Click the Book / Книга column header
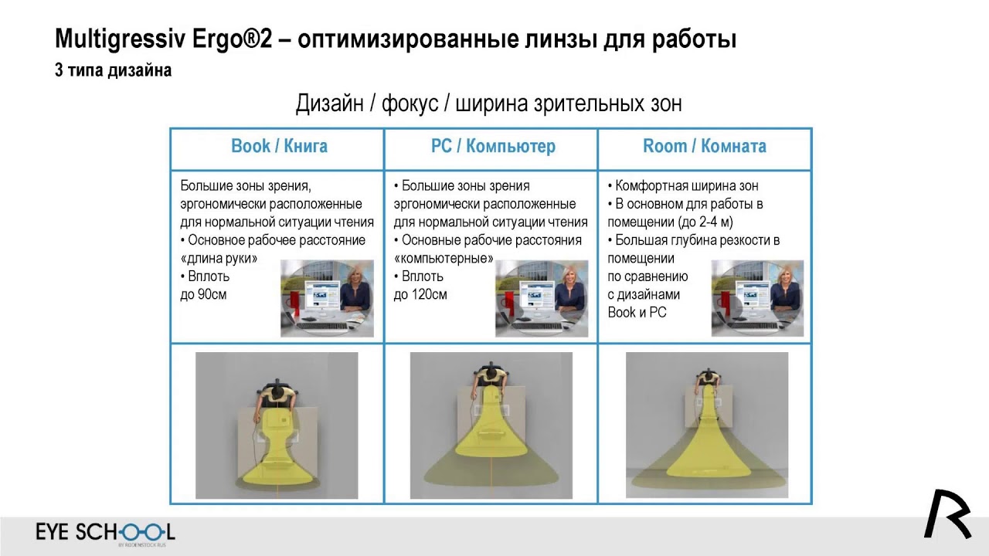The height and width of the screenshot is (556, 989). tap(279, 147)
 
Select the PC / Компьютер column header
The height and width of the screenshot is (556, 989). tap(493, 147)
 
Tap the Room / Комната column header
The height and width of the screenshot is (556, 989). tap(705, 147)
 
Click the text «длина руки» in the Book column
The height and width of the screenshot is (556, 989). tap(219, 259)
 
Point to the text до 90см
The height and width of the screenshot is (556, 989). tap(203, 294)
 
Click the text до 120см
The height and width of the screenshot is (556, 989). tap(420, 294)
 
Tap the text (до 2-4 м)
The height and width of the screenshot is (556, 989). tap(670, 222)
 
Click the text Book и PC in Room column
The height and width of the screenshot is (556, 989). tap(637, 313)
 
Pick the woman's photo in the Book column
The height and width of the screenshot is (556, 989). tap(327, 298)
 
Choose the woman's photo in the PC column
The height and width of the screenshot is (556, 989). tap(542, 298)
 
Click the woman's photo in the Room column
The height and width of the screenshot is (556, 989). tap(757, 298)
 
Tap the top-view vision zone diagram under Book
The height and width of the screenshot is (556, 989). tap(277, 425)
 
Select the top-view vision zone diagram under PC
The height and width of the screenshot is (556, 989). tap(491, 425)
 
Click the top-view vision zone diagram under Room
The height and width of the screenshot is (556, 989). tap(706, 425)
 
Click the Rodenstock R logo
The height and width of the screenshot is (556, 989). tap(947, 514)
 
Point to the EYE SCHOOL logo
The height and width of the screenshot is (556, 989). tap(105, 532)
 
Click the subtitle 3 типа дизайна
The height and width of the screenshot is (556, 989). tap(113, 70)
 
